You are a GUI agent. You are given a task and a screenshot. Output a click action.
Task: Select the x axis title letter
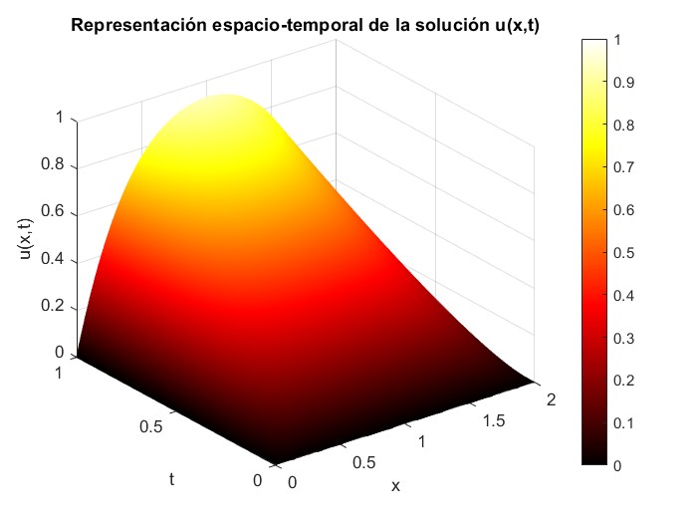(395, 487)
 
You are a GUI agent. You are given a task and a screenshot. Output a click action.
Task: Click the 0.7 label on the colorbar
(624, 168)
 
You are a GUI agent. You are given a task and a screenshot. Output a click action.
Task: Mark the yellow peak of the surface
(228, 100)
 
